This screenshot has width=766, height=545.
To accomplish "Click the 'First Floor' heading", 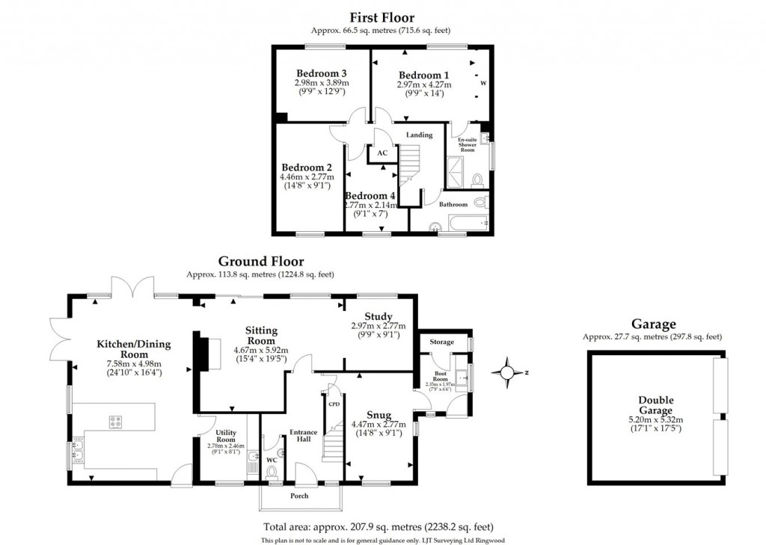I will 382,17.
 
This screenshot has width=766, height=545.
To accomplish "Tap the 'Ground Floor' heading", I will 260,262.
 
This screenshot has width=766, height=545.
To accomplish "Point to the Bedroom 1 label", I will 423,75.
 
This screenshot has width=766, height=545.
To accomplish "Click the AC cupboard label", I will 382,152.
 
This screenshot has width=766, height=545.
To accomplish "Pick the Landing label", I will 419,135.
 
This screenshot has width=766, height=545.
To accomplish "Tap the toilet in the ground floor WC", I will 272,470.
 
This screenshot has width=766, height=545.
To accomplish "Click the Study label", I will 379,316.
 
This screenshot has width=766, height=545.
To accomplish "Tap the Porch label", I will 299,496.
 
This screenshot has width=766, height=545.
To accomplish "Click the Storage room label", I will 441,342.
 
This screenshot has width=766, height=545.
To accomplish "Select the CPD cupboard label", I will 334,404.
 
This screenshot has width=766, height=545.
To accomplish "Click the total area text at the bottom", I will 378,526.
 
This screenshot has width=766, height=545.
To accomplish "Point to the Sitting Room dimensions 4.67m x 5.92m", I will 261,350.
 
